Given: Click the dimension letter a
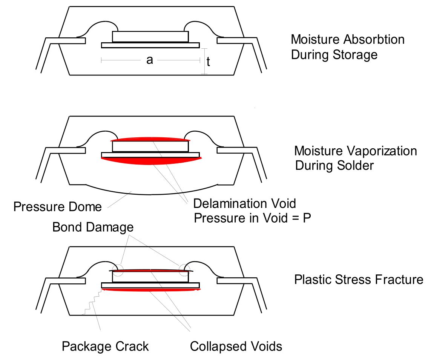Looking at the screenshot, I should click(x=150, y=60).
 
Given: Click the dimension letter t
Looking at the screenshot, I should click(x=208, y=63).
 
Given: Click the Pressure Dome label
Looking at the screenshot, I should click(x=57, y=206).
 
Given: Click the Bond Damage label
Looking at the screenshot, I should click(x=93, y=227).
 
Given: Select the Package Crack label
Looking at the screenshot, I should click(x=105, y=346).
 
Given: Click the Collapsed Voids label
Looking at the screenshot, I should click(x=236, y=346).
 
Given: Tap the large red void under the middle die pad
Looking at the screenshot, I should click(x=151, y=161).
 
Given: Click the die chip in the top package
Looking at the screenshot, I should click(x=150, y=37).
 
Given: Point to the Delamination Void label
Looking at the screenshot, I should click(x=245, y=204).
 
